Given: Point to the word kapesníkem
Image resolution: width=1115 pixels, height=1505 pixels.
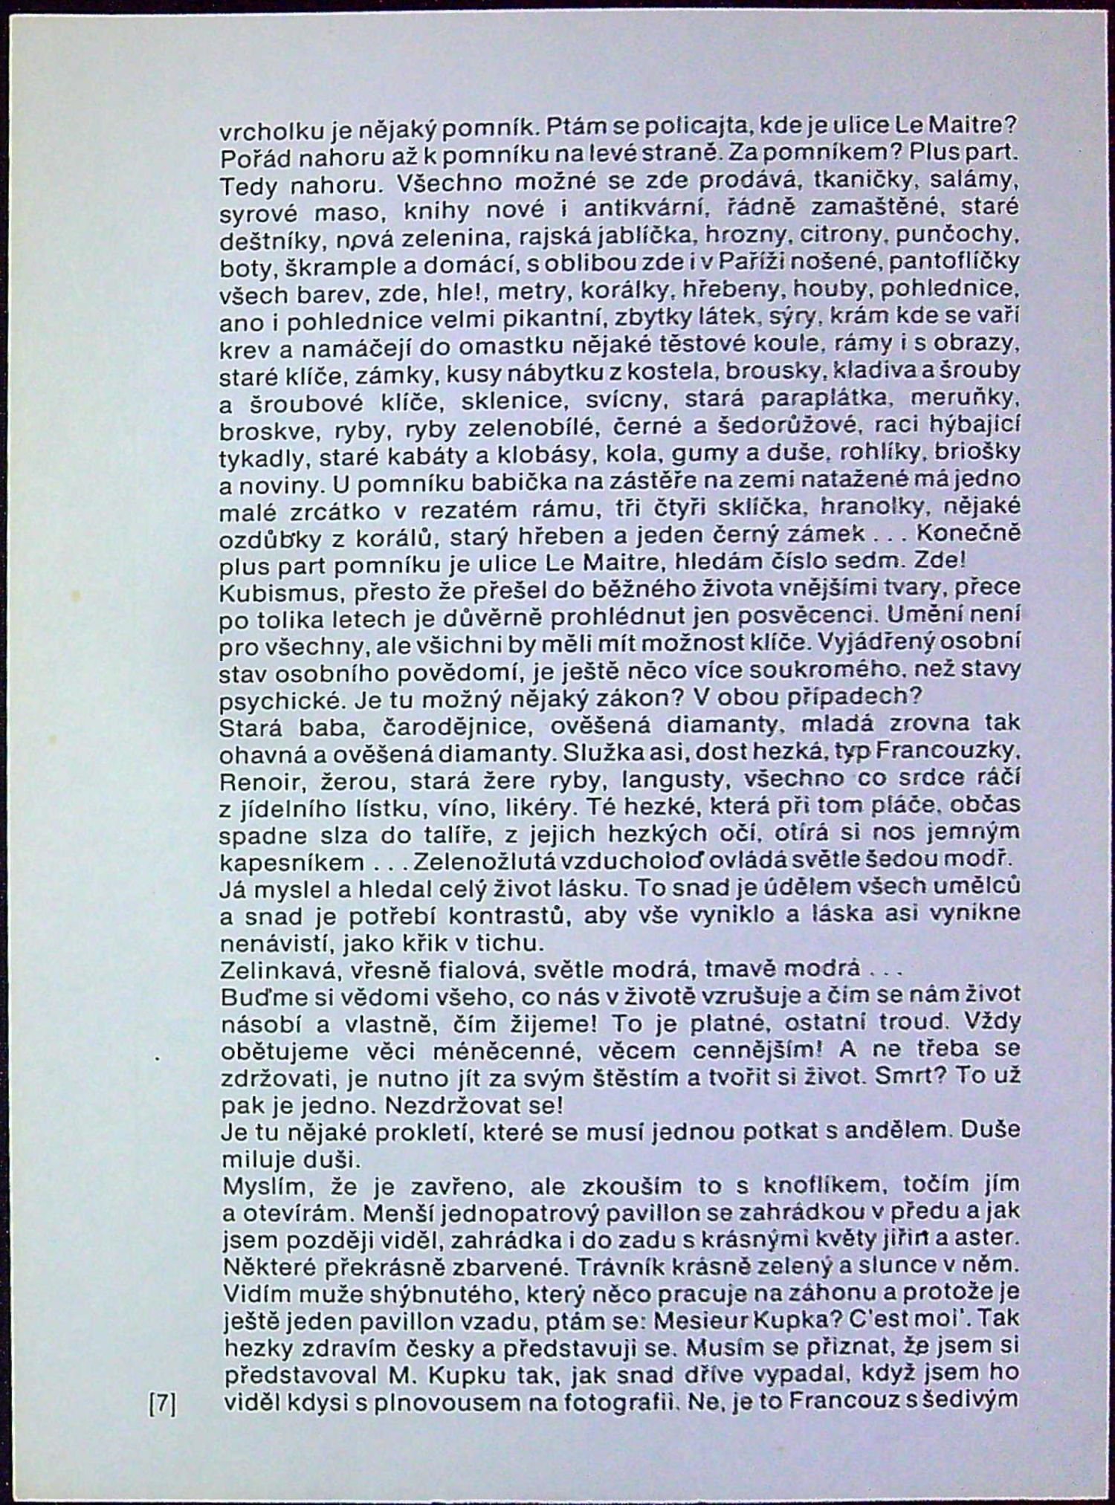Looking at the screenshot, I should coord(292,864).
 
